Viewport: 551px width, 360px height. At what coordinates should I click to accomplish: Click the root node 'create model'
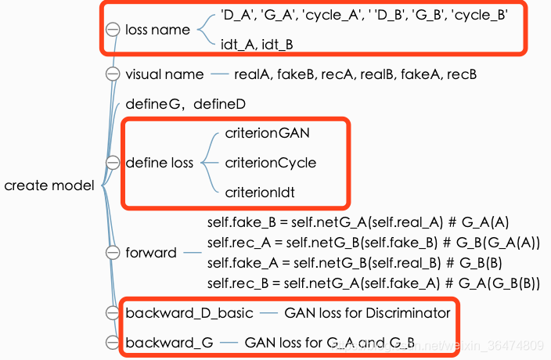click(x=49, y=185)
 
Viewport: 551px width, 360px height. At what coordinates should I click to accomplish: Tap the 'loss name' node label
click(x=157, y=30)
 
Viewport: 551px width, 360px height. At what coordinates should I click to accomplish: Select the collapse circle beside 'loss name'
click(x=113, y=30)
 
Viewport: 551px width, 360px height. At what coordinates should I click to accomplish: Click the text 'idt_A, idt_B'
click(x=257, y=45)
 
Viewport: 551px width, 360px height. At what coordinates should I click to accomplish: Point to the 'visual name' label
click(x=164, y=74)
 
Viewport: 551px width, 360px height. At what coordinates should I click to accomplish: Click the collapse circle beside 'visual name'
click(x=113, y=74)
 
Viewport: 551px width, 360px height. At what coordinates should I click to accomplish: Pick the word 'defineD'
click(x=220, y=104)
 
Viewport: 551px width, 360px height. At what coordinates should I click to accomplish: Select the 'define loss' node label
click(x=160, y=163)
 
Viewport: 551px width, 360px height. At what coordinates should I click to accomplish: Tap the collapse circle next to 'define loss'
click(x=113, y=163)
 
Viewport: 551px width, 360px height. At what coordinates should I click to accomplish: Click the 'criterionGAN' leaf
click(x=268, y=133)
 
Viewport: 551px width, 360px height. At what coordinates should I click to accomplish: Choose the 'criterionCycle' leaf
click(x=271, y=163)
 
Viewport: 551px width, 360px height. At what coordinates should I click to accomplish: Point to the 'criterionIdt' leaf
click(x=260, y=193)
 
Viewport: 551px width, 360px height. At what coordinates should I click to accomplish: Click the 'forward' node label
click(x=151, y=253)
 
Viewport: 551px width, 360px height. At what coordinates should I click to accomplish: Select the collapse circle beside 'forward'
click(x=113, y=253)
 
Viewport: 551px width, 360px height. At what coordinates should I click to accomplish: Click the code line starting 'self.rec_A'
click(x=373, y=243)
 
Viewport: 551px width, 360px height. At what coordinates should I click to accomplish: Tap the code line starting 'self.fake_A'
click(x=355, y=263)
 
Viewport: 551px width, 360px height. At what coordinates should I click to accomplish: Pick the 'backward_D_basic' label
click(x=189, y=313)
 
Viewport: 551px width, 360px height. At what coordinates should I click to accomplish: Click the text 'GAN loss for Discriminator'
click(x=367, y=313)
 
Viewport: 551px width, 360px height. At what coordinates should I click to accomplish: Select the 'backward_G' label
click(x=169, y=343)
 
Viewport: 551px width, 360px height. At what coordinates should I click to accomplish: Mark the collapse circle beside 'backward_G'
click(x=113, y=343)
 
